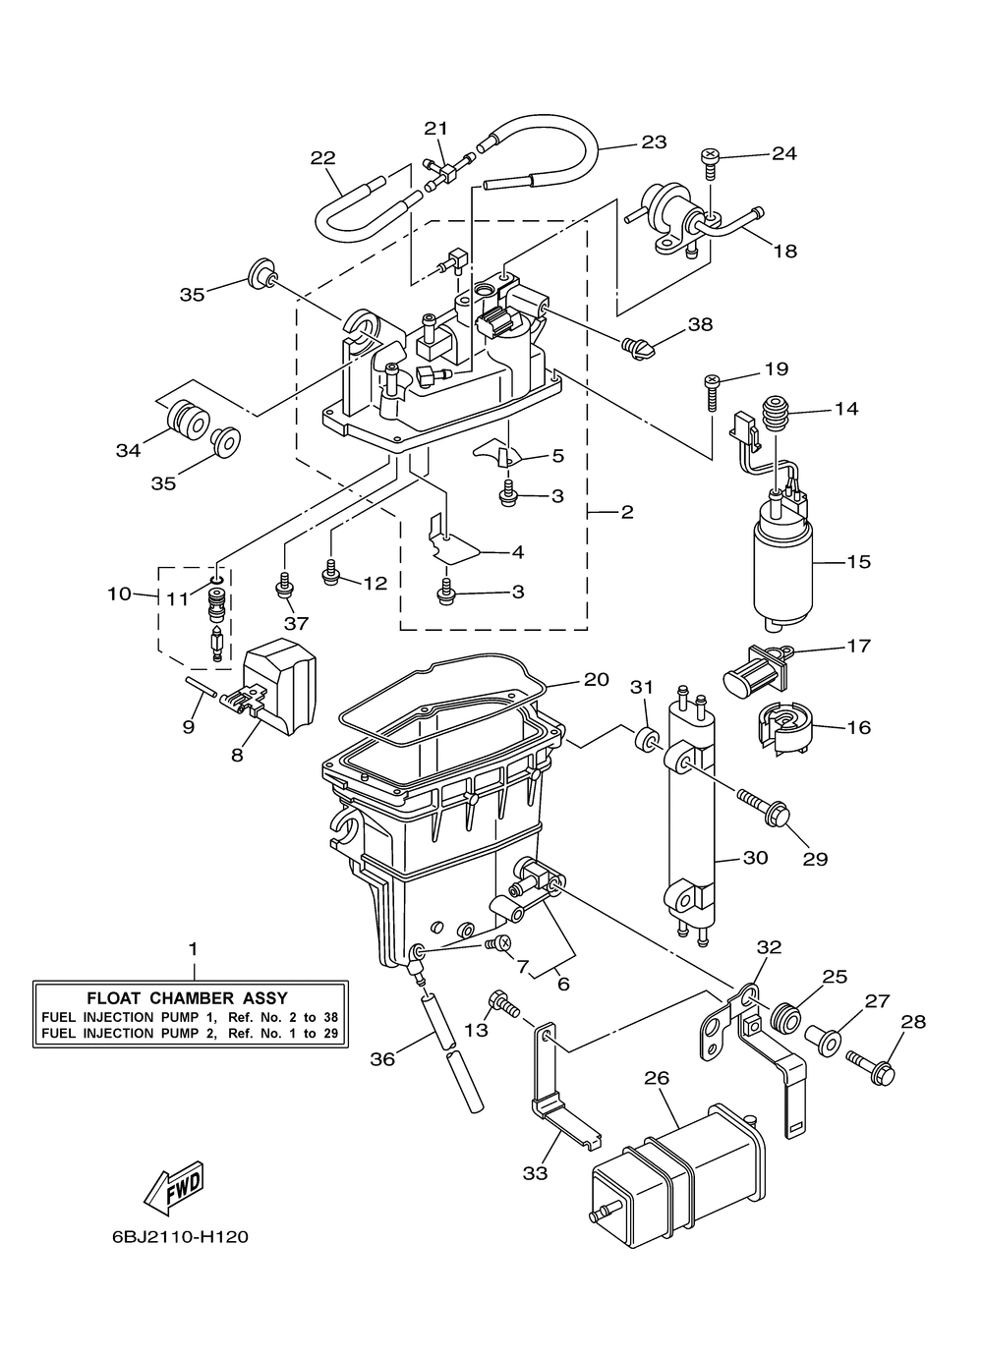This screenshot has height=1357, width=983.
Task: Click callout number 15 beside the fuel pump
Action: tap(858, 562)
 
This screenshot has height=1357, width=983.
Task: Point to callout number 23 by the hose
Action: tap(654, 141)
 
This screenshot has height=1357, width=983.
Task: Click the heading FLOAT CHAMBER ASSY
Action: tap(188, 997)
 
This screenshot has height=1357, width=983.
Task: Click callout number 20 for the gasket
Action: tap(596, 680)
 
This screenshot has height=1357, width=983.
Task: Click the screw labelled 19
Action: tap(712, 393)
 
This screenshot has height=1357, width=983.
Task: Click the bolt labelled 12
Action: tap(331, 573)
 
